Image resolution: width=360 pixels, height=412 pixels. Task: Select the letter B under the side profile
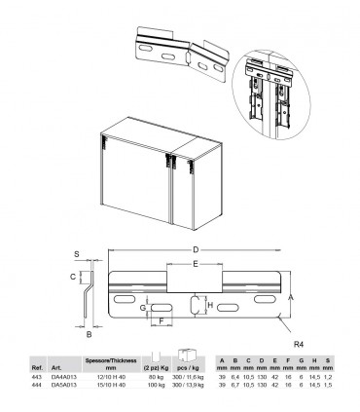click(89, 333)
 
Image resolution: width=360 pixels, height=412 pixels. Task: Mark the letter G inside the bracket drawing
click(143, 308)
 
